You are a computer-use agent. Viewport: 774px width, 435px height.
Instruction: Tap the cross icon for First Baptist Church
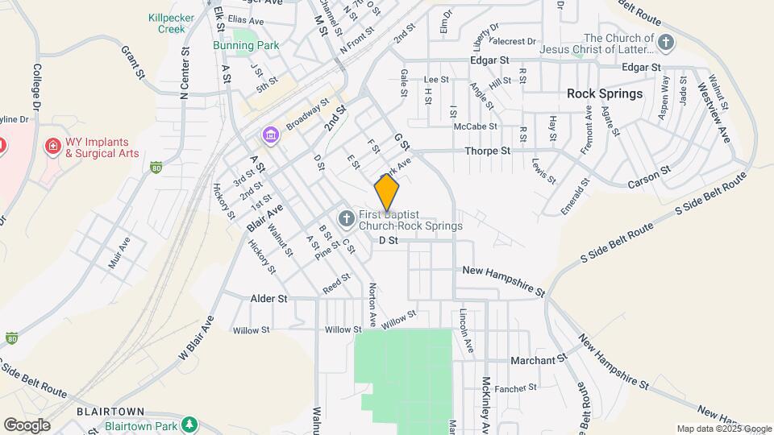[345, 218]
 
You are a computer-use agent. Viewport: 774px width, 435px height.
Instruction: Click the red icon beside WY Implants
[53, 146]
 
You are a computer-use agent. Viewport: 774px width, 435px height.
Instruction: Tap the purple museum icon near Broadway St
[269, 133]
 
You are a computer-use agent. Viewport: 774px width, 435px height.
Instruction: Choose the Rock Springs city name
[605, 93]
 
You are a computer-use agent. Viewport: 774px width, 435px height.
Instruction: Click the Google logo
[27, 425]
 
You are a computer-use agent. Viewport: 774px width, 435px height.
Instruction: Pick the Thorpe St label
[488, 151]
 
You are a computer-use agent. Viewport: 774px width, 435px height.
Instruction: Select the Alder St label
[271, 298]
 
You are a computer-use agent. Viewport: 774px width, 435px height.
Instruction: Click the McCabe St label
[476, 126]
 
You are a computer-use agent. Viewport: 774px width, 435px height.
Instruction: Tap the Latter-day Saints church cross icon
[665, 42]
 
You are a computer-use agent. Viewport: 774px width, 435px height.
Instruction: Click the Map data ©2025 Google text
[723, 429]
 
